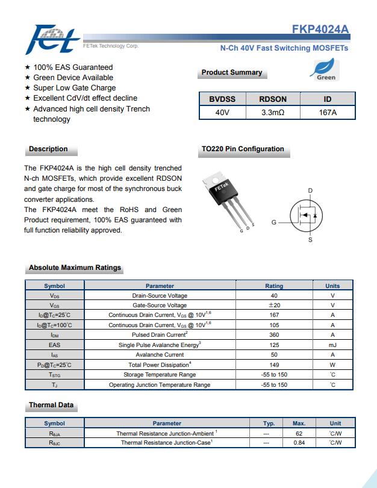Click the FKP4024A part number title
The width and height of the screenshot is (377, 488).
320,30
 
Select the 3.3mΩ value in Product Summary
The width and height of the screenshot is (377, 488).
273,113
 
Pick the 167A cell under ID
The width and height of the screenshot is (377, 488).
328,113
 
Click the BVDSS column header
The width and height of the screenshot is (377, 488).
222,99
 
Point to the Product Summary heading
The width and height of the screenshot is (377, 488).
231,73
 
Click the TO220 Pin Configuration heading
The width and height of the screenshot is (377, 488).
243,149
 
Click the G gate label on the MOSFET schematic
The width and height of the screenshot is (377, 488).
273,223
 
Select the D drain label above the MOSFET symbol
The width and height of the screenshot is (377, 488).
310,191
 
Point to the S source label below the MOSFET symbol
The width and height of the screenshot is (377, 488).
310,240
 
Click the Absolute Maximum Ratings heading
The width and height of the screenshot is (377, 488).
75,267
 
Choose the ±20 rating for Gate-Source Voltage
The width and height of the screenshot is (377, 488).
274,305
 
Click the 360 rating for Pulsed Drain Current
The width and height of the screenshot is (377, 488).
274,335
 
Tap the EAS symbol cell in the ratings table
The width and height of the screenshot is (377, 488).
54,345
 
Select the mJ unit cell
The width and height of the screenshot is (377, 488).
332,345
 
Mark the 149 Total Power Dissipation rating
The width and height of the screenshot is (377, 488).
274,364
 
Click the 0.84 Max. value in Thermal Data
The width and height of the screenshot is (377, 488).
299,443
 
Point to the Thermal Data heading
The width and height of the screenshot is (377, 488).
51,405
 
